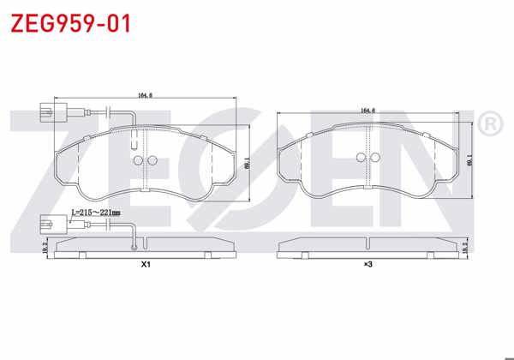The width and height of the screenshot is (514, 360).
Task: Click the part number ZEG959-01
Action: point(69,23)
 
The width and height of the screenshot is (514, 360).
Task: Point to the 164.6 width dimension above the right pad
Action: point(369,111)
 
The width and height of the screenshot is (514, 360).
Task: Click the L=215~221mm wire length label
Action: point(95,212)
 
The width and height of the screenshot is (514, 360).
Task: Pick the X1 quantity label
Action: point(146,265)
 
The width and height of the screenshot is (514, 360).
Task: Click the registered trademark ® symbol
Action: point(488,125)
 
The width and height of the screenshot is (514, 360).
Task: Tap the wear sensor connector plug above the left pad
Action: point(45,111)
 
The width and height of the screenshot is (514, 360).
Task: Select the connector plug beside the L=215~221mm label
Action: point(45,226)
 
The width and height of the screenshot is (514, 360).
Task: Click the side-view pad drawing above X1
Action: point(145,248)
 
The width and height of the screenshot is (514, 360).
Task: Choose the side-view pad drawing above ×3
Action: point(369,248)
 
